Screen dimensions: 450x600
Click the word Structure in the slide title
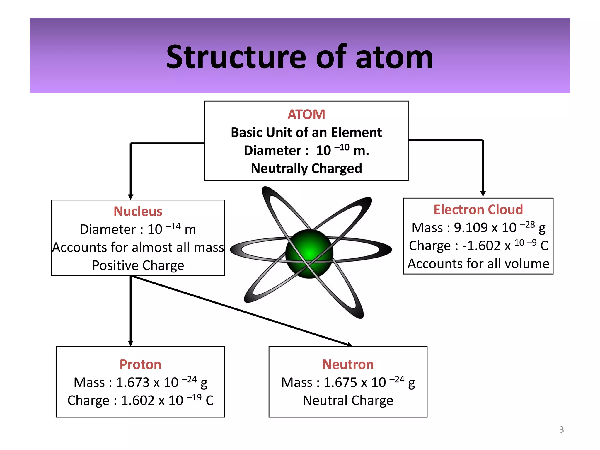coord(236,57)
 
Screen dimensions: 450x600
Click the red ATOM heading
coord(306,114)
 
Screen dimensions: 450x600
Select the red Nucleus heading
coord(138,211)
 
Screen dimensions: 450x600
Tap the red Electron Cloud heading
coord(478,209)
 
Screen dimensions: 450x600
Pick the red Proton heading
coord(140,364)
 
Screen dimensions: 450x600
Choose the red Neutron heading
coord(348,364)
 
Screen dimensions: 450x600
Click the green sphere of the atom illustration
coord(309,253)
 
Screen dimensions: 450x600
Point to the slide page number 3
coord(561,429)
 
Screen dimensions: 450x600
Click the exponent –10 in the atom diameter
coord(342,147)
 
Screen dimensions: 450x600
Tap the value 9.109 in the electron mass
coord(471,228)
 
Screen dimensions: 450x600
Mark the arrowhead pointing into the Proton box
coord(131,343)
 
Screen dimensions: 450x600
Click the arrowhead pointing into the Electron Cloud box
coord(483,194)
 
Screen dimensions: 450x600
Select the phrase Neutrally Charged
coord(306,168)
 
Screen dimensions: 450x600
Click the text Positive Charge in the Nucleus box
coord(138,265)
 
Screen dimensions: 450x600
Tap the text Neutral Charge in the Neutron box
coord(348,400)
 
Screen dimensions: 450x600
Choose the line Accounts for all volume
coord(478,264)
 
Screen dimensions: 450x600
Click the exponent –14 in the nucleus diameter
coord(173,226)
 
